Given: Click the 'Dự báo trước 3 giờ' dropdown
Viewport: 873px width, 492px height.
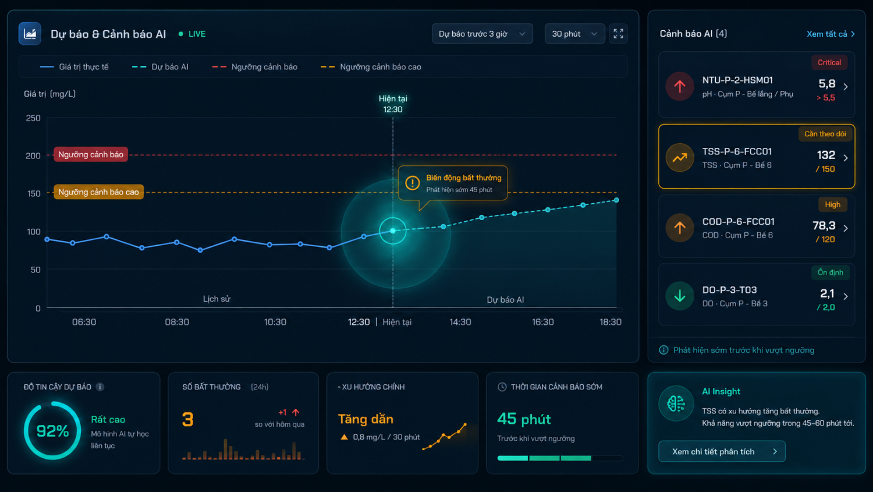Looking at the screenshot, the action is click(482, 34).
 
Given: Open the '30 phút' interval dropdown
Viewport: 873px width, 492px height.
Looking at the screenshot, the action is click(574, 34).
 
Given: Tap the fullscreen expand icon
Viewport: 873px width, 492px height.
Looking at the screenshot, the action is click(618, 34).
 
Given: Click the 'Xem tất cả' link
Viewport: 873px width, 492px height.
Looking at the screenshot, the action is click(831, 34).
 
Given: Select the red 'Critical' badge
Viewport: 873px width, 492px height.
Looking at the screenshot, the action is click(829, 62).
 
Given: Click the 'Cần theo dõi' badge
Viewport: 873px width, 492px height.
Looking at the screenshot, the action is click(825, 134).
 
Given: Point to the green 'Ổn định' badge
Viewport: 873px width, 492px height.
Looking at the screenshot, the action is click(830, 272).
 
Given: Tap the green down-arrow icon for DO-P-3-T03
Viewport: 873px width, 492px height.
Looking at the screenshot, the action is click(680, 296).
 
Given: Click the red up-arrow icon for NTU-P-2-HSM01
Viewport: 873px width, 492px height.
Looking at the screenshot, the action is click(680, 86).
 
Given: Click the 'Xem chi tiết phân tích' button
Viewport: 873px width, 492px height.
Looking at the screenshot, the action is click(722, 451).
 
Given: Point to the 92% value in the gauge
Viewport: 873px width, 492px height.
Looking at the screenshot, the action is click(52, 431).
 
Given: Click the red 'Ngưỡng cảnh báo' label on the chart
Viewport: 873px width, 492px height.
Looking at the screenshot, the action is click(90, 154).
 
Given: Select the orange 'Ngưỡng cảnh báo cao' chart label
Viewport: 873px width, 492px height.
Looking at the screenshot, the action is click(98, 192).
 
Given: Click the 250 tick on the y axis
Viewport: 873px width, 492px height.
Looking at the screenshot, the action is click(33, 118).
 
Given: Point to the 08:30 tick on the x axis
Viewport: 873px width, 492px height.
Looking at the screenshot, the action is click(177, 322).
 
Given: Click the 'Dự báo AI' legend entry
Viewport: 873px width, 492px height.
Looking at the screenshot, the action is click(160, 67).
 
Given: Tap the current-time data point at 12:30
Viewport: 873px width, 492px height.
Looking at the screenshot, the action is click(393, 231).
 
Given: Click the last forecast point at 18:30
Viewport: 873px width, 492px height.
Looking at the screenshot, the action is click(616, 200).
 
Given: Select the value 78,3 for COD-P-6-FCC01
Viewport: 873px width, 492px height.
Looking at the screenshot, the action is click(824, 225).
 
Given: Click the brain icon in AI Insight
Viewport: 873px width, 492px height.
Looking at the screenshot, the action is click(676, 403).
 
